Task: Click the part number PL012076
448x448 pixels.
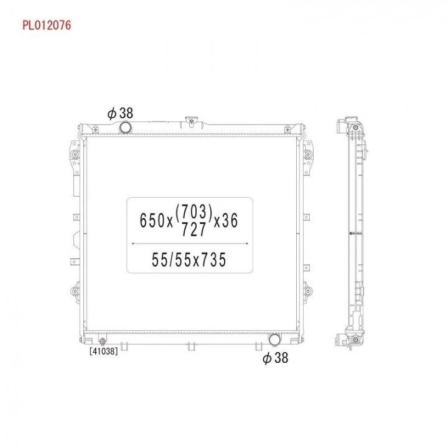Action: [x=47, y=25]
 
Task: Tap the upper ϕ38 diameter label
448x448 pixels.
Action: [x=120, y=113]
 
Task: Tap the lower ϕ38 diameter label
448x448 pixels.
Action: [x=276, y=358]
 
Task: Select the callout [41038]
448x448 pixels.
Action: [x=103, y=351]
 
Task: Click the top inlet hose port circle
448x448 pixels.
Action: [x=125, y=128]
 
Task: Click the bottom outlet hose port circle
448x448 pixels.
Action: [x=274, y=339]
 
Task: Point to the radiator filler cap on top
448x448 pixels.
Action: [x=192, y=120]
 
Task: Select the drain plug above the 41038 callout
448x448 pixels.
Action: [x=103, y=341]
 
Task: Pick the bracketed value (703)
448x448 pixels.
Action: [x=194, y=212]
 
